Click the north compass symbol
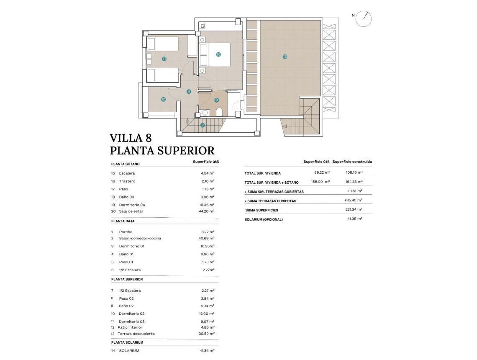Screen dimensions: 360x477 (x=363, y=18)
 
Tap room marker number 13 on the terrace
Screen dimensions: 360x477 (x=285, y=57)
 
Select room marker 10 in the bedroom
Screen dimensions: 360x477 (x=218, y=54)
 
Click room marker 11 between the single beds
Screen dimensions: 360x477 (x=164, y=59)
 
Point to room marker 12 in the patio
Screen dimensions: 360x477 (x=163, y=99)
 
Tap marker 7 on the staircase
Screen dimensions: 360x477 (x=203, y=125)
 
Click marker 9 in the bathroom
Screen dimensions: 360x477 (x=216, y=100)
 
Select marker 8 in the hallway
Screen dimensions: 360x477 (x=189, y=91)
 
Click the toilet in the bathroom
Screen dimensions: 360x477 (x=219, y=112)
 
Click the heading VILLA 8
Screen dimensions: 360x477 (x=131, y=138)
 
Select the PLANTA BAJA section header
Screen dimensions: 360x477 (x=123, y=221)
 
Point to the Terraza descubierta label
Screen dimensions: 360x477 (x=136, y=334)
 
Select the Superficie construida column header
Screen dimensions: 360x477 (x=352, y=162)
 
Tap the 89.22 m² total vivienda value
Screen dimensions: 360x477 (x=322, y=172)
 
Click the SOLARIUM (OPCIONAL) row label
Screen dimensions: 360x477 (x=264, y=219)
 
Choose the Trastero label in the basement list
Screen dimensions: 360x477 (x=127, y=181)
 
